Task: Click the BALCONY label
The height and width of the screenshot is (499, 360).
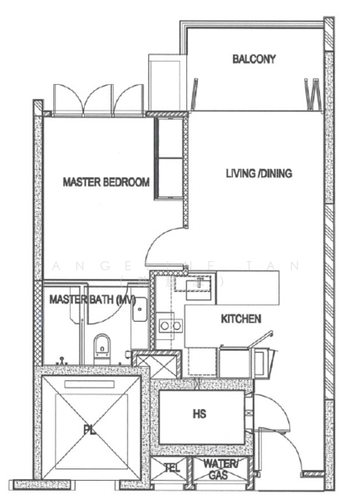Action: coord(254,59)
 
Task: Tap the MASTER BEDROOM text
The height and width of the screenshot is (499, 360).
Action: coord(106,182)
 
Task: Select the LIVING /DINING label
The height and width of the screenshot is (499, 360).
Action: coord(259,173)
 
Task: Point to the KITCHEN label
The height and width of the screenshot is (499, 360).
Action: coord(241,319)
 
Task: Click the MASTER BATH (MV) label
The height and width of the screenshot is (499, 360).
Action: coord(91,299)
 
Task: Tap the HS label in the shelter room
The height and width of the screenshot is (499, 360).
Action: coord(200,413)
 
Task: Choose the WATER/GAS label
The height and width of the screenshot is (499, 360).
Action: coord(219,468)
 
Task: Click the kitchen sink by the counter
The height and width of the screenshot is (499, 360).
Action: coord(199,288)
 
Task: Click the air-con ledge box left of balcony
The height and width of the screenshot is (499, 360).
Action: coord(163,82)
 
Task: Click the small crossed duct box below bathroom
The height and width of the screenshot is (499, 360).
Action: coord(156,364)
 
